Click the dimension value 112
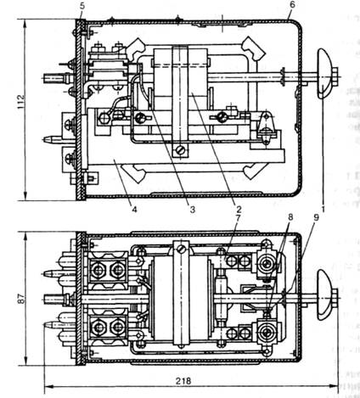pyautogui.click(x=20, y=101)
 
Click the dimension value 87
pyautogui.click(x=20, y=298)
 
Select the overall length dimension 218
pyautogui.click(x=183, y=381)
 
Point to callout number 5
pyautogui.click(x=82, y=6)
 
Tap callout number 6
pyautogui.click(x=292, y=4)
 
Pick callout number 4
pyautogui.click(x=134, y=210)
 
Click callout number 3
pyautogui.click(x=193, y=210)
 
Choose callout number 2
pyautogui.click(x=239, y=210)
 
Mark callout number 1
pyautogui.click(x=323, y=210)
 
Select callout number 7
pyautogui.click(x=238, y=218)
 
